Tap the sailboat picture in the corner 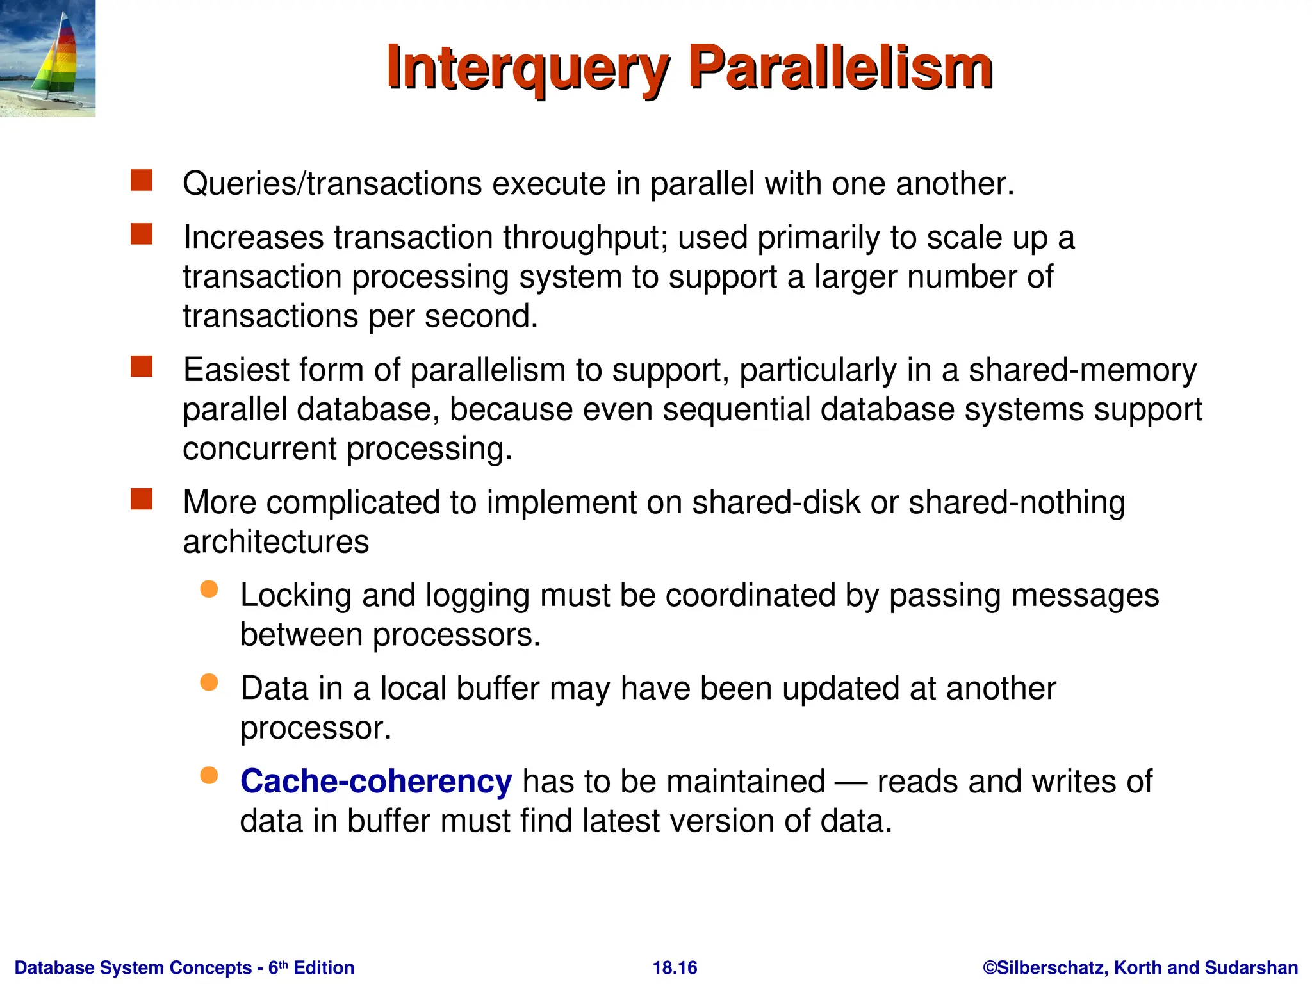point(47,58)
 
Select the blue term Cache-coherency point(375,782)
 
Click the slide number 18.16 point(675,967)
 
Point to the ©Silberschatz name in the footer point(1044,967)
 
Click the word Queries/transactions point(332,184)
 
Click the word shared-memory point(1082,370)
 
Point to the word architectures point(275,542)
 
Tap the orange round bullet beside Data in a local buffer point(209,682)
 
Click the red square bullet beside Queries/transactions point(142,181)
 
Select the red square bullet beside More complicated point(142,499)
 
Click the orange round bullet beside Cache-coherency point(209,776)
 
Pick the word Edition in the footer point(324,967)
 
